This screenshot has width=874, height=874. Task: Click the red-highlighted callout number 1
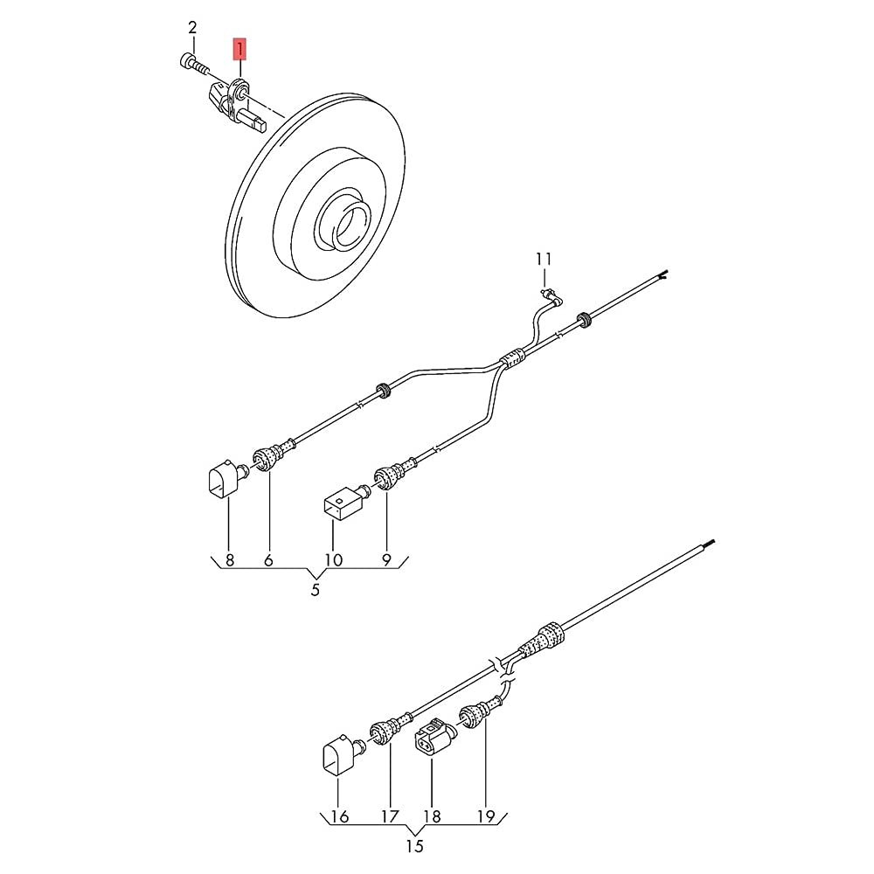tap(239, 49)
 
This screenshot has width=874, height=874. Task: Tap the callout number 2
tap(192, 27)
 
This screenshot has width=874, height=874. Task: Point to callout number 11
tap(544, 260)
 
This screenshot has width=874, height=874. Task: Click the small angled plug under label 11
tap(551, 296)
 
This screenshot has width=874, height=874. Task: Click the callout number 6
tap(268, 559)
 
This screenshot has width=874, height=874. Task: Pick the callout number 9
tap(386, 559)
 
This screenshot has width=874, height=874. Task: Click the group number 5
tap(316, 590)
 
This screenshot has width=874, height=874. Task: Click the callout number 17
tap(390, 816)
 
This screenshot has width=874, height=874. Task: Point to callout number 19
tap(486, 816)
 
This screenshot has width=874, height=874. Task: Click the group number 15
tap(414, 847)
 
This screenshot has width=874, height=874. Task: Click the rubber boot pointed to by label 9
tap(395, 475)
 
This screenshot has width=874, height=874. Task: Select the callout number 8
tap(230, 559)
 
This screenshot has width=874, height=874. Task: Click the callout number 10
tap(333, 559)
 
